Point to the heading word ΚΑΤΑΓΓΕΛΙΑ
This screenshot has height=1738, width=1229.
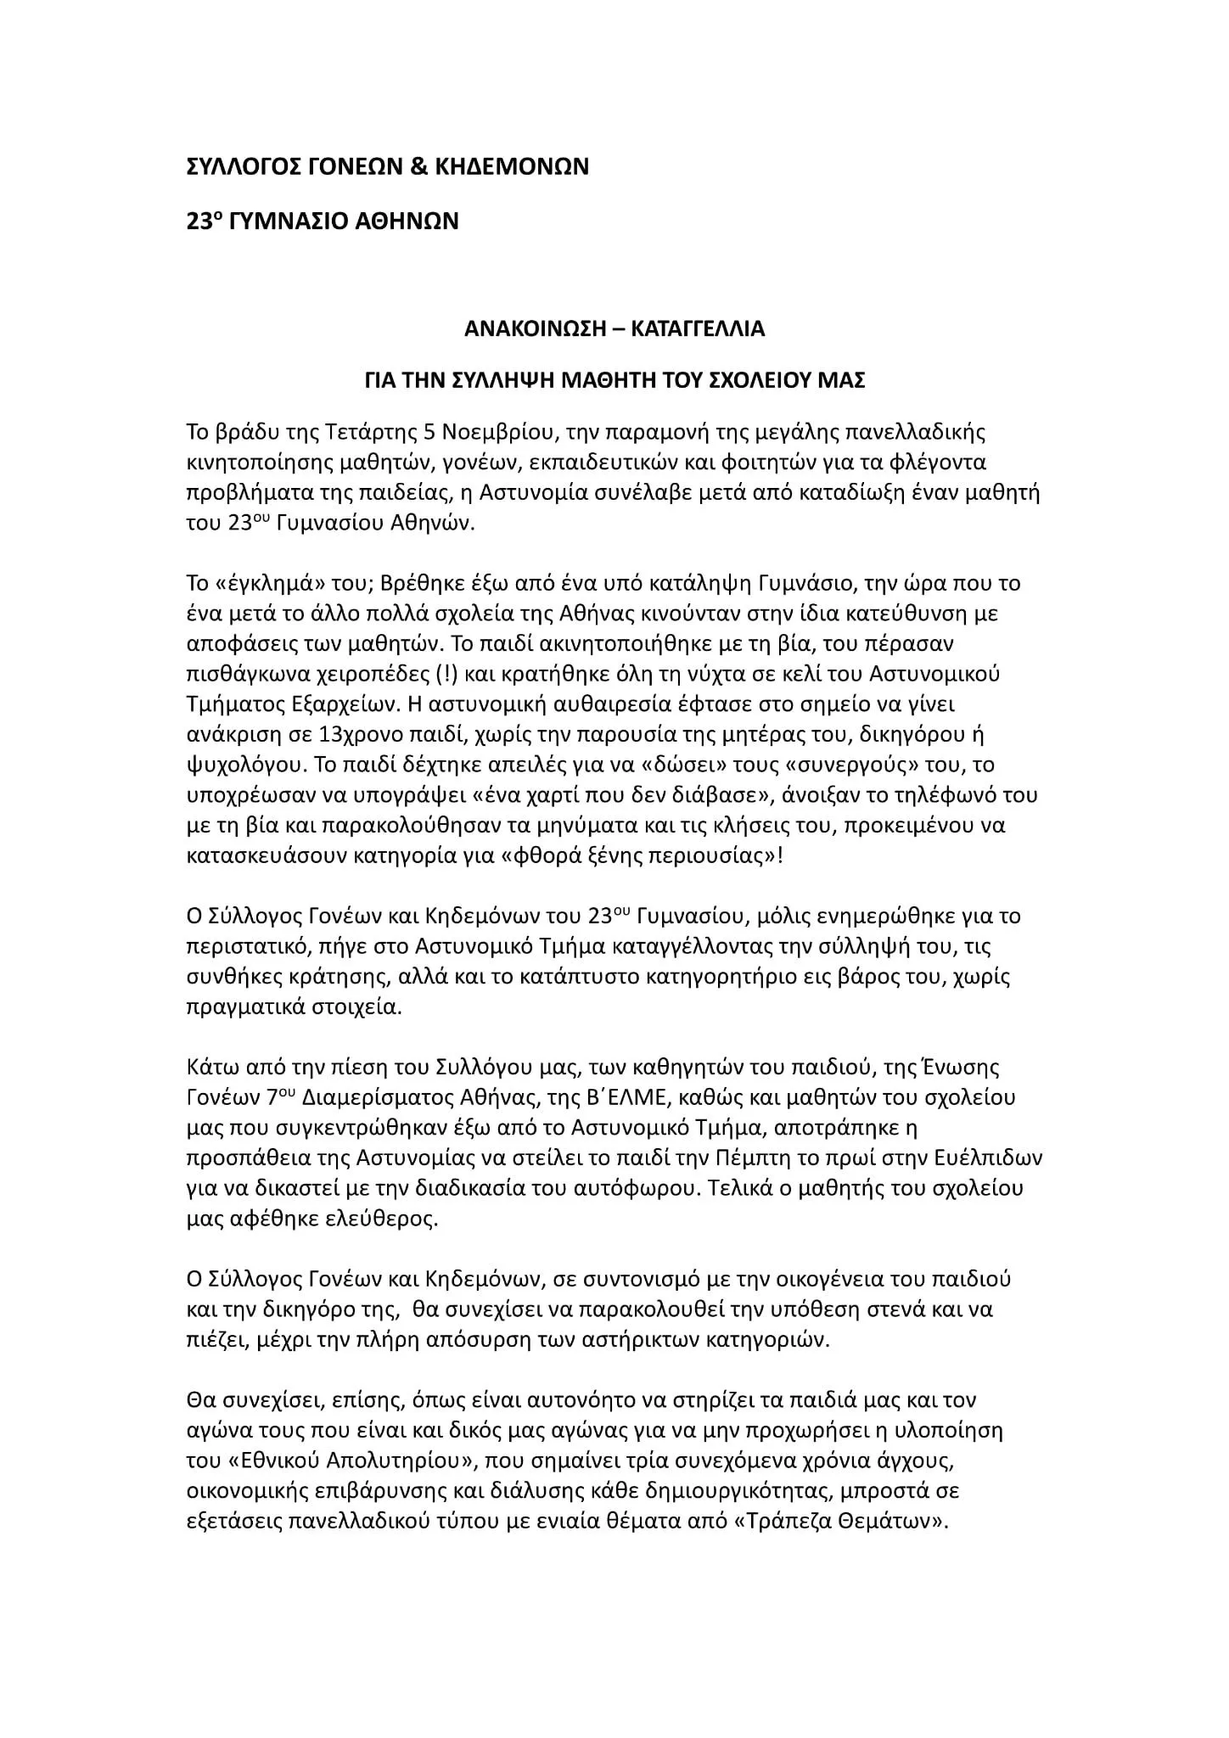pos(698,329)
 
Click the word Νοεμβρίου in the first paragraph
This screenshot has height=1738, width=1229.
pos(495,433)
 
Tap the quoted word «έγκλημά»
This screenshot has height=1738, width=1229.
pos(252,584)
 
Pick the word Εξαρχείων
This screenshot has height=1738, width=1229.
pos(345,704)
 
